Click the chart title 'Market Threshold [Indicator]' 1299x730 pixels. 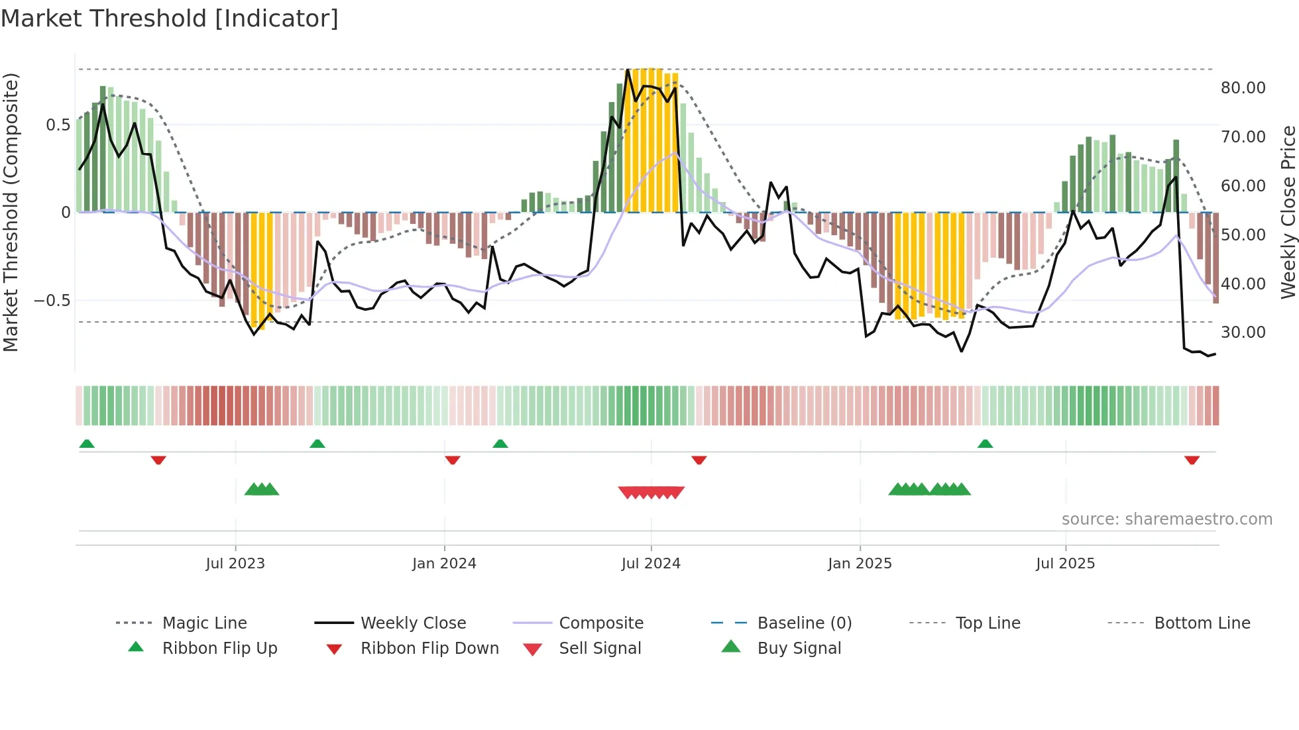(x=170, y=19)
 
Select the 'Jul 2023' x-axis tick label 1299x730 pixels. (x=235, y=564)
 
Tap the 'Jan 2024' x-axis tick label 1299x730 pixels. (x=444, y=564)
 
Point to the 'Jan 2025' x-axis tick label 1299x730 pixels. (x=860, y=564)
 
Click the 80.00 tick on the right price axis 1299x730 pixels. (x=1243, y=88)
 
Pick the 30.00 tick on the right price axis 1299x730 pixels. (x=1243, y=333)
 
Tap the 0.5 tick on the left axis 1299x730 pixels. (x=58, y=125)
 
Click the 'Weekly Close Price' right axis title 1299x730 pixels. (x=1288, y=212)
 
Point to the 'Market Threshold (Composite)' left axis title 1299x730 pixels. (x=11, y=212)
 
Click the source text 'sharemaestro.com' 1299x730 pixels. (x=1198, y=519)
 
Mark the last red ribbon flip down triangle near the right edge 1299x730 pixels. (x=1192, y=460)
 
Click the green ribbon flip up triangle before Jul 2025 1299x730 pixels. (x=985, y=444)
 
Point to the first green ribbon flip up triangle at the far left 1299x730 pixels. (x=87, y=444)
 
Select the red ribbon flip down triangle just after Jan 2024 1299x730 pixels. (x=453, y=460)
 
